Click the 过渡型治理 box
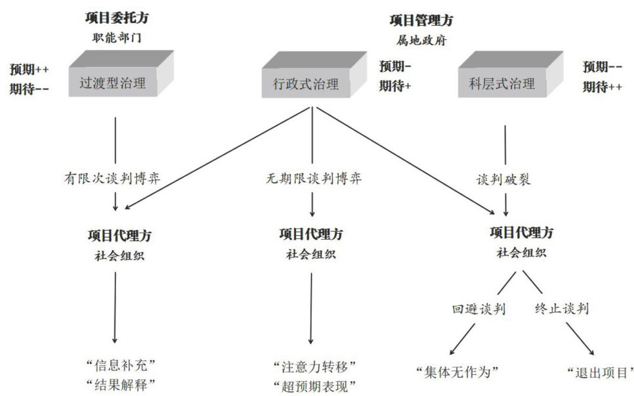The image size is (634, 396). [x=112, y=84]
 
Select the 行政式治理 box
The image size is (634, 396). [x=305, y=84]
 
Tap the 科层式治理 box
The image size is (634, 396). [x=502, y=84]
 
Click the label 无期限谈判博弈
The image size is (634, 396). [x=313, y=178]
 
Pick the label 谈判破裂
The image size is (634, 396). [x=504, y=179]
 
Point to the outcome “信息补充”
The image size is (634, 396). [x=119, y=364]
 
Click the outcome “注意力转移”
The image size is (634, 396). [x=313, y=364]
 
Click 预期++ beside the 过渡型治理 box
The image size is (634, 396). [x=30, y=68]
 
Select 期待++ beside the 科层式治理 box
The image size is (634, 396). [x=602, y=87]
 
